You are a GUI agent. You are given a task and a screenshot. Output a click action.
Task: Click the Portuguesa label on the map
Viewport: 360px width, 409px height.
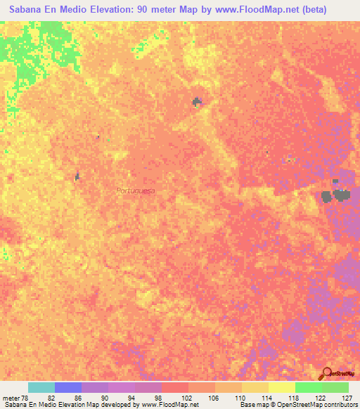click(136, 190)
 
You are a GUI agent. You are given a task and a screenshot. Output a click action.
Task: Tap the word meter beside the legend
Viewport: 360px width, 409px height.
click(11, 398)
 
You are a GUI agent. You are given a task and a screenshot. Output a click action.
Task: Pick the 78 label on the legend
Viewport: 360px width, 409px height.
click(25, 398)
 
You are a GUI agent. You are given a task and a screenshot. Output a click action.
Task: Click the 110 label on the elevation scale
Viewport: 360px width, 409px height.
click(240, 398)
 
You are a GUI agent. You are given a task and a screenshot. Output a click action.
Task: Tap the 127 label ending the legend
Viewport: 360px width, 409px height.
click(344, 398)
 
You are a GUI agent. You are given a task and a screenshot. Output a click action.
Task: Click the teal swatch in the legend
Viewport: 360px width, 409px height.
click(41, 387)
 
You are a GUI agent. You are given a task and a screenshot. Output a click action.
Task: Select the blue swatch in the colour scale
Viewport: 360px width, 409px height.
click(68, 387)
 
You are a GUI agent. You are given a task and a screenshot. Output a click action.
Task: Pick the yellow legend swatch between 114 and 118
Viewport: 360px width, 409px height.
click(281, 387)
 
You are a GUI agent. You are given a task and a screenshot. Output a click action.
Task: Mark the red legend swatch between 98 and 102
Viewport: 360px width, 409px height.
click(174, 387)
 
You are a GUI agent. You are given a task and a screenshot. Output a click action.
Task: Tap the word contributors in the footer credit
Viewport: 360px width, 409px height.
click(339, 405)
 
